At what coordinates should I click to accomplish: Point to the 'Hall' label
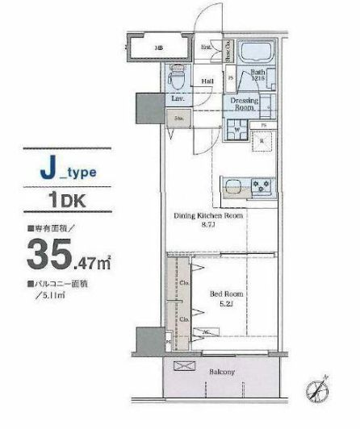click(207, 80)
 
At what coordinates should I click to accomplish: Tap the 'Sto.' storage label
click(178, 119)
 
